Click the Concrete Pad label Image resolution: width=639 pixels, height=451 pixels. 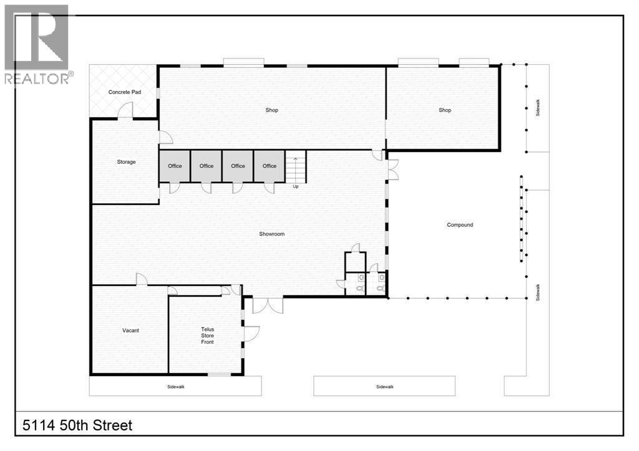[125, 92]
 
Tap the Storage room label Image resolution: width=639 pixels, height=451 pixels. [126, 162]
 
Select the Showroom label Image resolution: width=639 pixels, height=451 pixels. [272, 234]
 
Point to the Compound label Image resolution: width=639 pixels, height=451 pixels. [460, 225]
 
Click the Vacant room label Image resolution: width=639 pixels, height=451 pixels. [130, 330]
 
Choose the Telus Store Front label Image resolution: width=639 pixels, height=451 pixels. [207, 335]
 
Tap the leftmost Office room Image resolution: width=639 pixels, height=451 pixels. [175, 166]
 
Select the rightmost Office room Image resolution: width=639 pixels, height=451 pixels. [270, 166]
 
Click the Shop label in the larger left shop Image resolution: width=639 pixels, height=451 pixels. [271, 110]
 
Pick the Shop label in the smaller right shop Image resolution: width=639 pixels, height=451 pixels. [444, 110]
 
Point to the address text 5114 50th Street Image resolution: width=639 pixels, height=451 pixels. [77, 426]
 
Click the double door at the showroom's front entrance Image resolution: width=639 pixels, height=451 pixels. [267, 305]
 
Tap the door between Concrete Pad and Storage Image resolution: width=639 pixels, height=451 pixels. [125, 112]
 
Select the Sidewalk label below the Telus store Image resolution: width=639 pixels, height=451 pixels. [176, 387]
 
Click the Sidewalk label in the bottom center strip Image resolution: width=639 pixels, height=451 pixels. [385, 387]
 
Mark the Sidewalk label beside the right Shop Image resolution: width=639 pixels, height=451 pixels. [537, 110]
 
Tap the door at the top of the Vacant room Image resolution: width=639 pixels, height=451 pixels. [142, 280]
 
